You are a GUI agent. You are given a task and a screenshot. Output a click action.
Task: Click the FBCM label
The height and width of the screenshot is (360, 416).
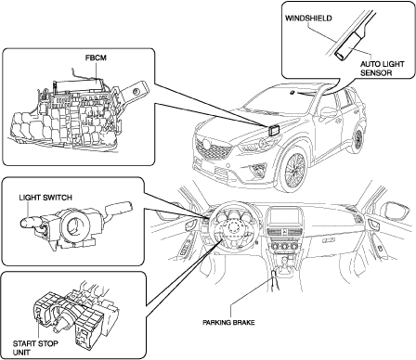96,58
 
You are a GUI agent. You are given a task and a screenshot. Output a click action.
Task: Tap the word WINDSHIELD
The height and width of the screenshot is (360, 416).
308,19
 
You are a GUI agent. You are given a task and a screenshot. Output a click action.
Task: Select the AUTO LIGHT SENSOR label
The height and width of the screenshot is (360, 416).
383,69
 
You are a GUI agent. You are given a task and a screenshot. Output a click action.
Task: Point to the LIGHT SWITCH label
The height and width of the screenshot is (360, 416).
45,198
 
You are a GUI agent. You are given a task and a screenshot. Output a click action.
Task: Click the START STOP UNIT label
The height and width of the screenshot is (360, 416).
35,348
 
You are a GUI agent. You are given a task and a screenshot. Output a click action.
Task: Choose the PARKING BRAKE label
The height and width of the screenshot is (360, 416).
228,322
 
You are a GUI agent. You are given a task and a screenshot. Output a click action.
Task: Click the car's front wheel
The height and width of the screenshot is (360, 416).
292,169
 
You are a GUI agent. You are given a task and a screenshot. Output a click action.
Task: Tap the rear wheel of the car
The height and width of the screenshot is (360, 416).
357,140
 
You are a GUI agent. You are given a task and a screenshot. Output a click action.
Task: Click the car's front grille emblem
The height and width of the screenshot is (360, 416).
205,144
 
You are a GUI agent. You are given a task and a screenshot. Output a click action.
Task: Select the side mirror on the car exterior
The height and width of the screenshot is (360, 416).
328,111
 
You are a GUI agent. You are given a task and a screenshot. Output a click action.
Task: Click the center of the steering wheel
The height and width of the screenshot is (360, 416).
231,229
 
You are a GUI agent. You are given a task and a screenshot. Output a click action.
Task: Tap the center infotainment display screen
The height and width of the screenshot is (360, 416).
283,217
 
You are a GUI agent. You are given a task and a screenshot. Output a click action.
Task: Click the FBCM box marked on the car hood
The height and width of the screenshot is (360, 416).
274,131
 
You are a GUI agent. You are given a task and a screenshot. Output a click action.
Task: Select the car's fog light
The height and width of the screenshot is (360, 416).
258,169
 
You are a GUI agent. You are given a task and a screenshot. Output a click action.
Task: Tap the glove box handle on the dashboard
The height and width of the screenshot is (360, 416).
328,240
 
